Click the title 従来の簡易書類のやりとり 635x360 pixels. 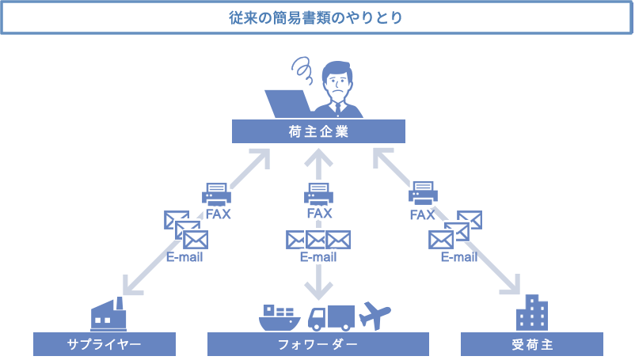coord(317,17)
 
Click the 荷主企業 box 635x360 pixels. coord(318,131)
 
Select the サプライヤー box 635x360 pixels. coord(105,344)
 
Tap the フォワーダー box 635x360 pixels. coord(318,344)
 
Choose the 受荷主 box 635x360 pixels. coord(532,344)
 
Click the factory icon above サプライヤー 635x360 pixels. coord(108,314)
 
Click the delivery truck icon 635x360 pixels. coord(329,317)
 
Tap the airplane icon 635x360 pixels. coord(375,314)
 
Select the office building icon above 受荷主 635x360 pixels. coord(532,313)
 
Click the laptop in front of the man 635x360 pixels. coord(288,104)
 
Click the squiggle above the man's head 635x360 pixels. coord(302,69)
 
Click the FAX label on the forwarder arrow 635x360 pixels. coord(318,214)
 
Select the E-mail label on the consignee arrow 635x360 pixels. coord(459,257)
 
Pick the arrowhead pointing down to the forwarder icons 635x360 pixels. coord(318,286)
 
